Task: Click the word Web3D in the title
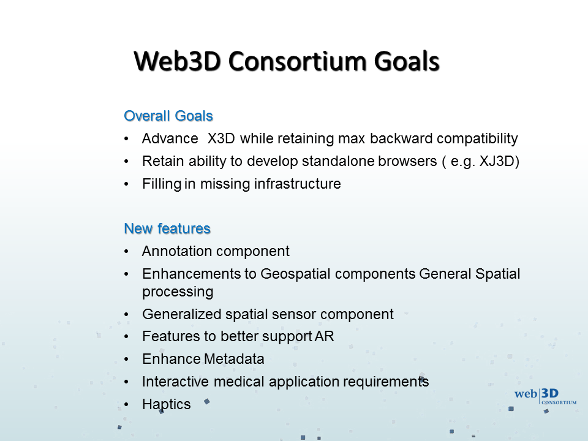[x=177, y=61]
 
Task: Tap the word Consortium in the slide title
[x=297, y=61]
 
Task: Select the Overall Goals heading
[x=168, y=116]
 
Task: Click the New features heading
[x=167, y=228]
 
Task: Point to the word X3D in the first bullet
[x=221, y=138]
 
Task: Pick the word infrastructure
[x=298, y=184]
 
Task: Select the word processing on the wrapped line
[x=178, y=292]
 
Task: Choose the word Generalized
[x=182, y=314]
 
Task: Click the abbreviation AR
[x=325, y=336]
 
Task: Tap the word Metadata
[x=233, y=359]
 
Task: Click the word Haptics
[x=167, y=404]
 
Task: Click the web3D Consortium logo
[x=545, y=397]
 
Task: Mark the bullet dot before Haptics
[x=126, y=405]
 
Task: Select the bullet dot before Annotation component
[x=126, y=251]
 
